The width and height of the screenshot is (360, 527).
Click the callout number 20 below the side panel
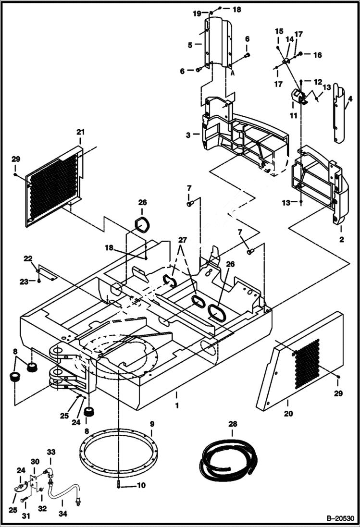click(288, 413)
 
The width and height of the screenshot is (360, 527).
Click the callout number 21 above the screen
click(80, 132)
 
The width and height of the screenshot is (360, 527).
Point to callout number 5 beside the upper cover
click(190, 45)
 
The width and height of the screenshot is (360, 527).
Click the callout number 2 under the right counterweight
click(342, 238)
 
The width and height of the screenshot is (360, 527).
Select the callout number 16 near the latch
click(318, 55)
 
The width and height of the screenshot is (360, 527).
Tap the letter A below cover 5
click(232, 74)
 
